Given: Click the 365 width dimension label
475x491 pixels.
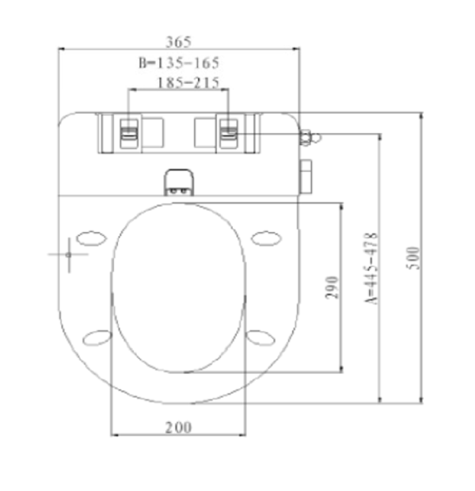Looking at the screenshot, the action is click(178, 42).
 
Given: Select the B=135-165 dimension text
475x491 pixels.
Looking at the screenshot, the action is click(179, 63).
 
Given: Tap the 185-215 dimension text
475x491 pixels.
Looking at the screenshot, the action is click(188, 83).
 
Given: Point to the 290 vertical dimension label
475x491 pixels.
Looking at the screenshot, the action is click(332, 287).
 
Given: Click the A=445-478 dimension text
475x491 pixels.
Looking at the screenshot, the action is click(371, 268).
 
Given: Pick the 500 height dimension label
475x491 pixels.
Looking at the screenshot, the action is click(412, 257).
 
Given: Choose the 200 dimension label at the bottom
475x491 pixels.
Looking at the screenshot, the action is click(178, 428).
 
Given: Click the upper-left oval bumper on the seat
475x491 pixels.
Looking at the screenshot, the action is click(91, 238).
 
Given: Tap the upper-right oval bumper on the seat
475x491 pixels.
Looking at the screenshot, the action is click(266, 238).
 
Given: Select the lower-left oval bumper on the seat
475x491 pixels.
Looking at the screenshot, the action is click(97, 338).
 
